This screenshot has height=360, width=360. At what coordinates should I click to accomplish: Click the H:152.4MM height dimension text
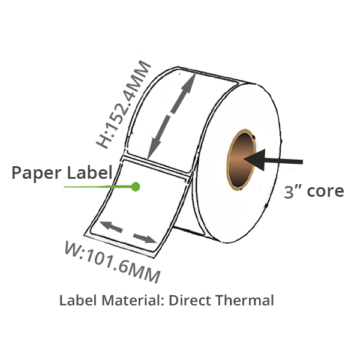(x=123, y=104)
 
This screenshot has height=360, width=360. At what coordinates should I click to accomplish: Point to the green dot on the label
(x=136, y=187)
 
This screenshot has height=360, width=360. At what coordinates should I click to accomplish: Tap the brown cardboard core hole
(x=241, y=160)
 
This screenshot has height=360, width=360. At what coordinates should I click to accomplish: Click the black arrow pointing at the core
(x=273, y=160)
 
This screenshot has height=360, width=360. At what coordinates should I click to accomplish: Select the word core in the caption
(x=325, y=191)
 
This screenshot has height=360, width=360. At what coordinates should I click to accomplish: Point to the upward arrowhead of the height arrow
(x=189, y=84)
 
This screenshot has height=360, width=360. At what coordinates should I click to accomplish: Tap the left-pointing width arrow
(x=111, y=227)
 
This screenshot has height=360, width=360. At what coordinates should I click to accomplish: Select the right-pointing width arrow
(x=145, y=238)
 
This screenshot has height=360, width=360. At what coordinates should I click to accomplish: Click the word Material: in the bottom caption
(x=133, y=300)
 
